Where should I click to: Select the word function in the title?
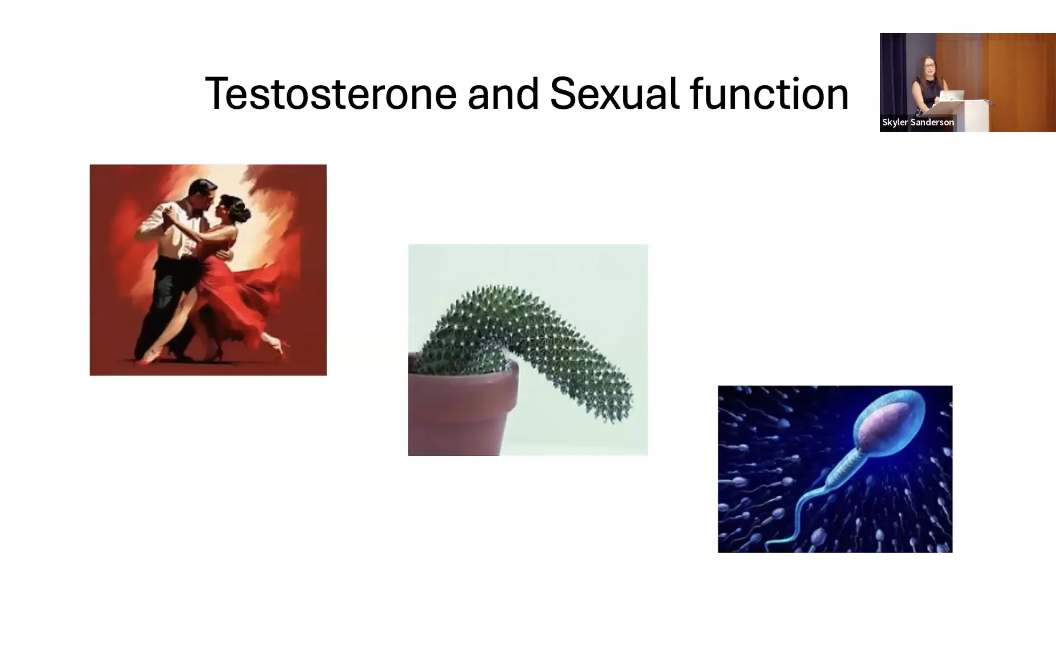coord(769,93)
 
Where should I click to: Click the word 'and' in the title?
coord(503,93)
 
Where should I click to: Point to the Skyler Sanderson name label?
coord(918,122)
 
